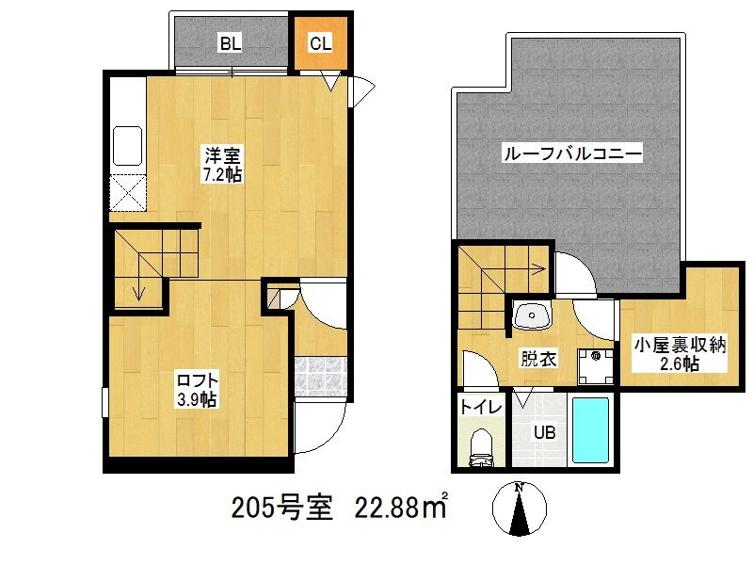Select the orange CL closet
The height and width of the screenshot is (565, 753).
320,43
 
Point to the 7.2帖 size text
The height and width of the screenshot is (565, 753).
222,175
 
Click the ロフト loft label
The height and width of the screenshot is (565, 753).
197,380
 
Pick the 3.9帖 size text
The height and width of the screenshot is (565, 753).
197,399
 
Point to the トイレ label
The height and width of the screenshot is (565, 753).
480,408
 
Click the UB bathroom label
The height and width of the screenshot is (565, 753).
545,433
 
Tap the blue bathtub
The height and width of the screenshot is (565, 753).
592,430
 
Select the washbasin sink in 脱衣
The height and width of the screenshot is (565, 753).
534,315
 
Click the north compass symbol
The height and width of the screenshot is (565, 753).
519,508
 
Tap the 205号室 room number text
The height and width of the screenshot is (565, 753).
281,509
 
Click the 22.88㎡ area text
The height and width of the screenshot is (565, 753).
399,509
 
